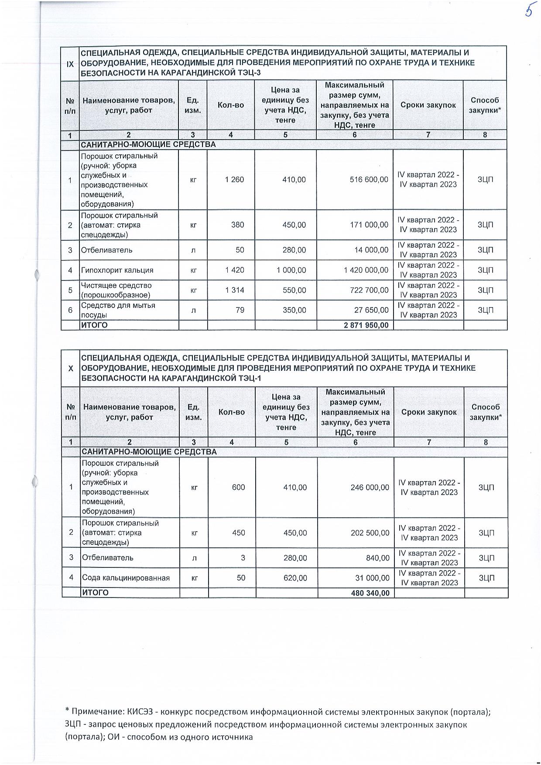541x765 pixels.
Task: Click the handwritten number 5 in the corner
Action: pyautogui.click(x=529, y=10)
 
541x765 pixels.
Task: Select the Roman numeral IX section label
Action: pyautogui.click(x=70, y=64)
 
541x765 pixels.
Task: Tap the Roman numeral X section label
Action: pyautogui.click(x=71, y=368)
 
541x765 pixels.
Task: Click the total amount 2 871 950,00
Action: pyautogui.click(x=367, y=325)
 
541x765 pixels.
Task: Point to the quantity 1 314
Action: pyautogui.click(x=235, y=290)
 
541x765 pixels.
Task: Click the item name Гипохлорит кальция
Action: pyautogui.click(x=117, y=270)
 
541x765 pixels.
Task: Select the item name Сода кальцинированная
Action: pyautogui.click(x=126, y=578)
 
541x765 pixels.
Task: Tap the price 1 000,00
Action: pyautogui.click(x=291, y=270)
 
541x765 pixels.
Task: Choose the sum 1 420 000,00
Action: pyautogui.click(x=366, y=270)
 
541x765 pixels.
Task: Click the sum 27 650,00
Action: pyautogui.click(x=370, y=310)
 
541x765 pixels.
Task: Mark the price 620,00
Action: pyautogui.click(x=295, y=578)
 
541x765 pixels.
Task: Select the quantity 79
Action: pyautogui.click(x=240, y=310)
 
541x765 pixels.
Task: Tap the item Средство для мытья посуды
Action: pyautogui.click(x=118, y=310)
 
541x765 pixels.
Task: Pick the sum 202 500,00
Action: pyautogui.click(x=370, y=533)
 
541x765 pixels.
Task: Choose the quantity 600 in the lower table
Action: pyautogui.click(x=238, y=487)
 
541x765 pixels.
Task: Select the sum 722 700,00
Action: pyautogui.click(x=369, y=290)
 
